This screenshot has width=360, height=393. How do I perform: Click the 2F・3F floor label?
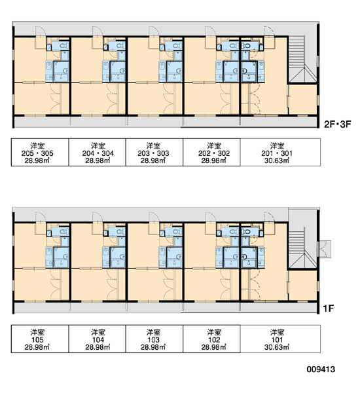(x=338, y=124)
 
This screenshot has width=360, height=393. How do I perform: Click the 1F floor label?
(x=329, y=309)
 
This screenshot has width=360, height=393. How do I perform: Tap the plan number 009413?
(x=321, y=369)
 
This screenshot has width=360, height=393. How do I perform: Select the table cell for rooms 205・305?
(x=40, y=152)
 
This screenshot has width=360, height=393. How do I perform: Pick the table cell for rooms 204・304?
(x=98, y=152)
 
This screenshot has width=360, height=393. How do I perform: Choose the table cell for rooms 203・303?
(x=154, y=152)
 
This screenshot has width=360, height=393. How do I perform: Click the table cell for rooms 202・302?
(x=211, y=152)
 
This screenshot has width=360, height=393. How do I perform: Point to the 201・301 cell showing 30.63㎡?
(x=280, y=152)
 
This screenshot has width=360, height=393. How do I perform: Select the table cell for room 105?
(x=40, y=339)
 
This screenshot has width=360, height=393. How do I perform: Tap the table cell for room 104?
(x=98, y=339)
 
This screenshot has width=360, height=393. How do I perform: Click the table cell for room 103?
(x=154, y=339)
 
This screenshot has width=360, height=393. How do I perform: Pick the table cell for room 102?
(x=211, y=339)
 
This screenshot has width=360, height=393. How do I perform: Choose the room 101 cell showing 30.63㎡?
(x=280, y=339)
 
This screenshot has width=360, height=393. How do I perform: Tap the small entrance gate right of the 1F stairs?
(x=325, y=249)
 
